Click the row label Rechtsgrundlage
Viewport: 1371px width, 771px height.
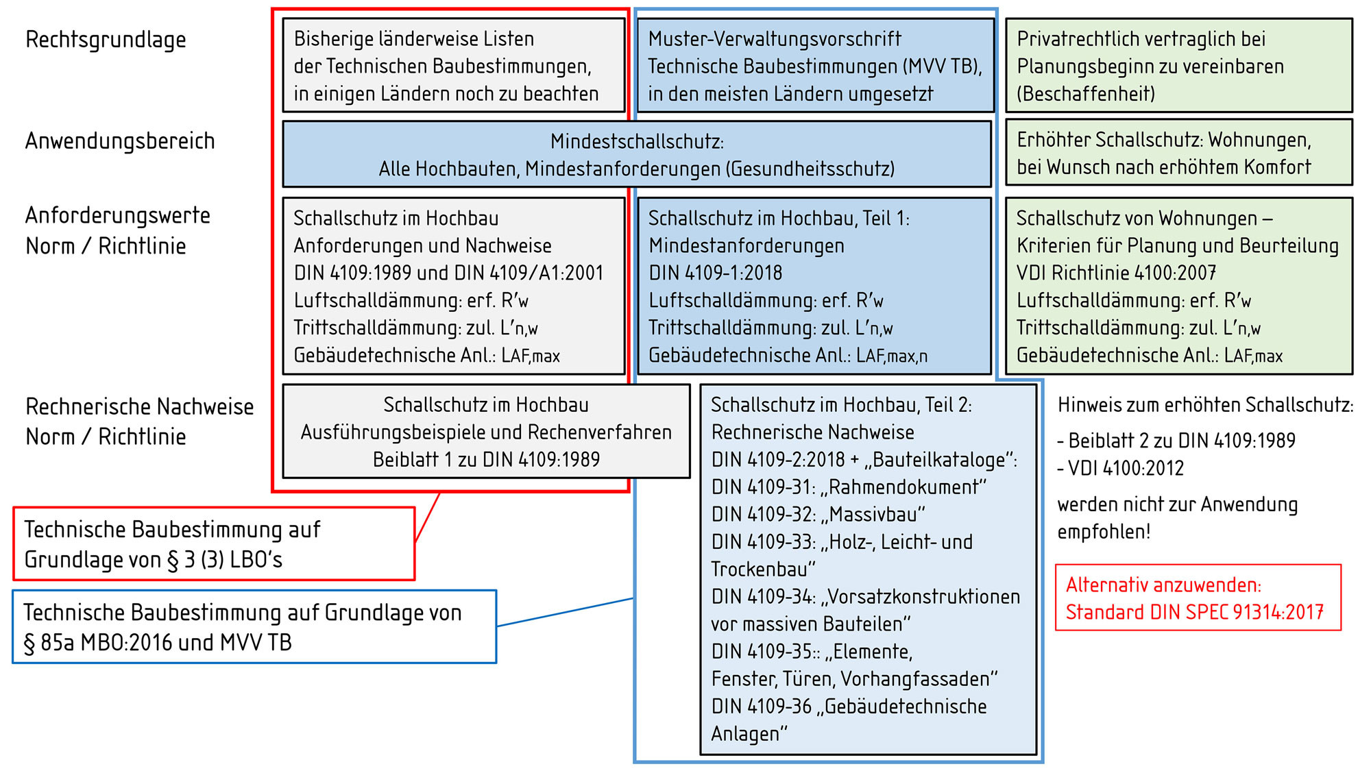tap(106, 40)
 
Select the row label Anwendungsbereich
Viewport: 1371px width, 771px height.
tap(120, 140)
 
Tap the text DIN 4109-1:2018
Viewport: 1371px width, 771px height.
tap(715, 273)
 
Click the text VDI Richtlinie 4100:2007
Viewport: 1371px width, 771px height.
tap(1116, 273)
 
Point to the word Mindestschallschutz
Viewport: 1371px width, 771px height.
tap(637, 141)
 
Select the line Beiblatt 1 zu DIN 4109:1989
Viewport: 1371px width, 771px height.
tap(486, 459)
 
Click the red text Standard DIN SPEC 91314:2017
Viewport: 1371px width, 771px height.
tap(1194, 611)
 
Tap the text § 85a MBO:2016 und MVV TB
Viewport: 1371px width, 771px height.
tap(158, 642)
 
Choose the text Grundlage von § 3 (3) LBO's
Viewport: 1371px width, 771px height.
tap(154, 559)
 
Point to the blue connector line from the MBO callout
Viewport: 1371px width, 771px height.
tap(565, 612)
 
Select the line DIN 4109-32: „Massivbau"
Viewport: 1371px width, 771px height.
tap(818, 514)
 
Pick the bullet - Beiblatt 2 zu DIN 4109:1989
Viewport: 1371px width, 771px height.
tap(1176, 440)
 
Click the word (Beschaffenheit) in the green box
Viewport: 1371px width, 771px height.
tap(1086, 93)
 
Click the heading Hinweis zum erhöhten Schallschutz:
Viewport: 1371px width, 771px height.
tap(1206, 405)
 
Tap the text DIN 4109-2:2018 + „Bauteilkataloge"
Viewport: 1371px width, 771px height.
tap(864, 459)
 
